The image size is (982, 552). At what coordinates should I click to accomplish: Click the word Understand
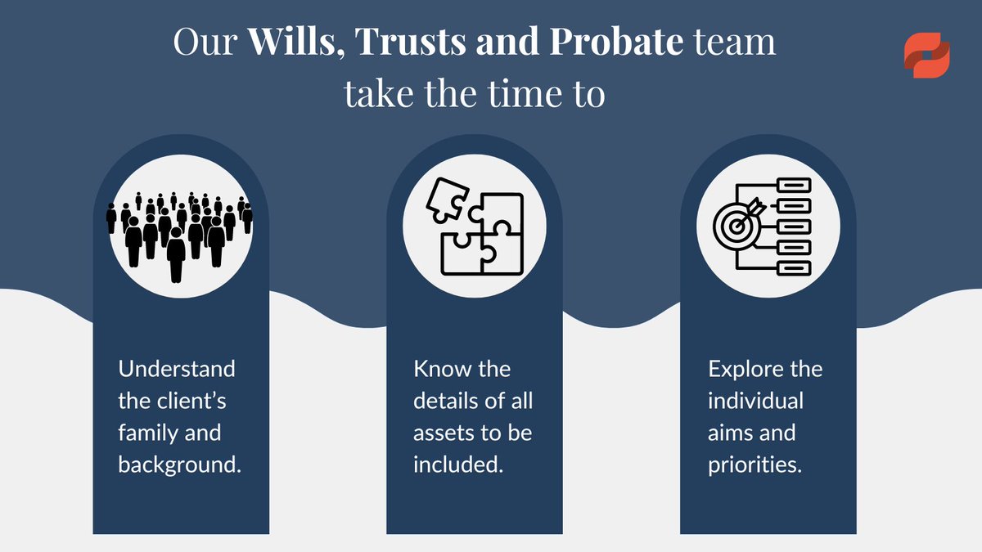[176, 369]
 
